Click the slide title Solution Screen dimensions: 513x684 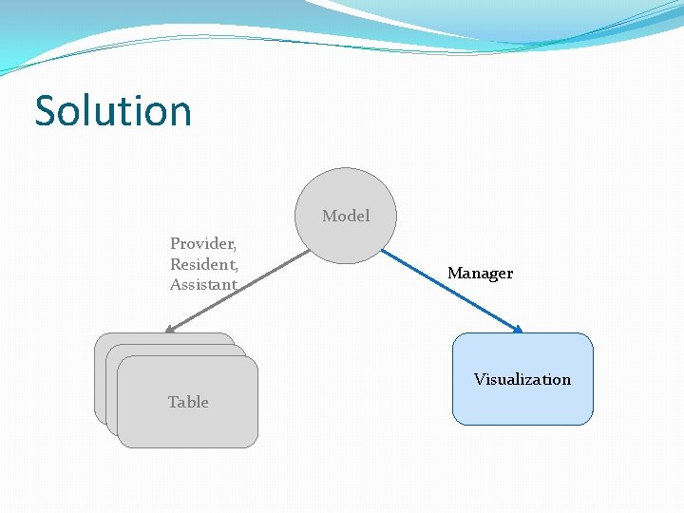pyautogui.click(x=113, y=111)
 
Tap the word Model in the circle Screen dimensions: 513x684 pyautogui.click(x=346, y=216)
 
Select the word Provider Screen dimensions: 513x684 pyautogui.click(x=202, y=243)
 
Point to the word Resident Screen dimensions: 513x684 pyautogui.click(x=203, y=264)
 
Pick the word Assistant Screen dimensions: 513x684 pyautogui.click(x=203, y=285)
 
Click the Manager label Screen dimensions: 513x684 pyautogui.click(x=480, y=274)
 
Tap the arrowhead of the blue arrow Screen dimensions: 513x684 pyautogui.click(x=518, y=330)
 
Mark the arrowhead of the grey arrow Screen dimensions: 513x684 pyautogui.click(x=169, y=330)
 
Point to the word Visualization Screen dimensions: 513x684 pyautogui.click(x=522, y=379)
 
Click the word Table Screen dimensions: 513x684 pyautogui.click(x=188, y=402)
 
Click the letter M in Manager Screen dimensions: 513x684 pyautogui.click(x=454, y=274)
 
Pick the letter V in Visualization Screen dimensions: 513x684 pyautogui.click(x=480, y=379)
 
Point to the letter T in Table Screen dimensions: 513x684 pyautogui.click(x=173, y=402)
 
